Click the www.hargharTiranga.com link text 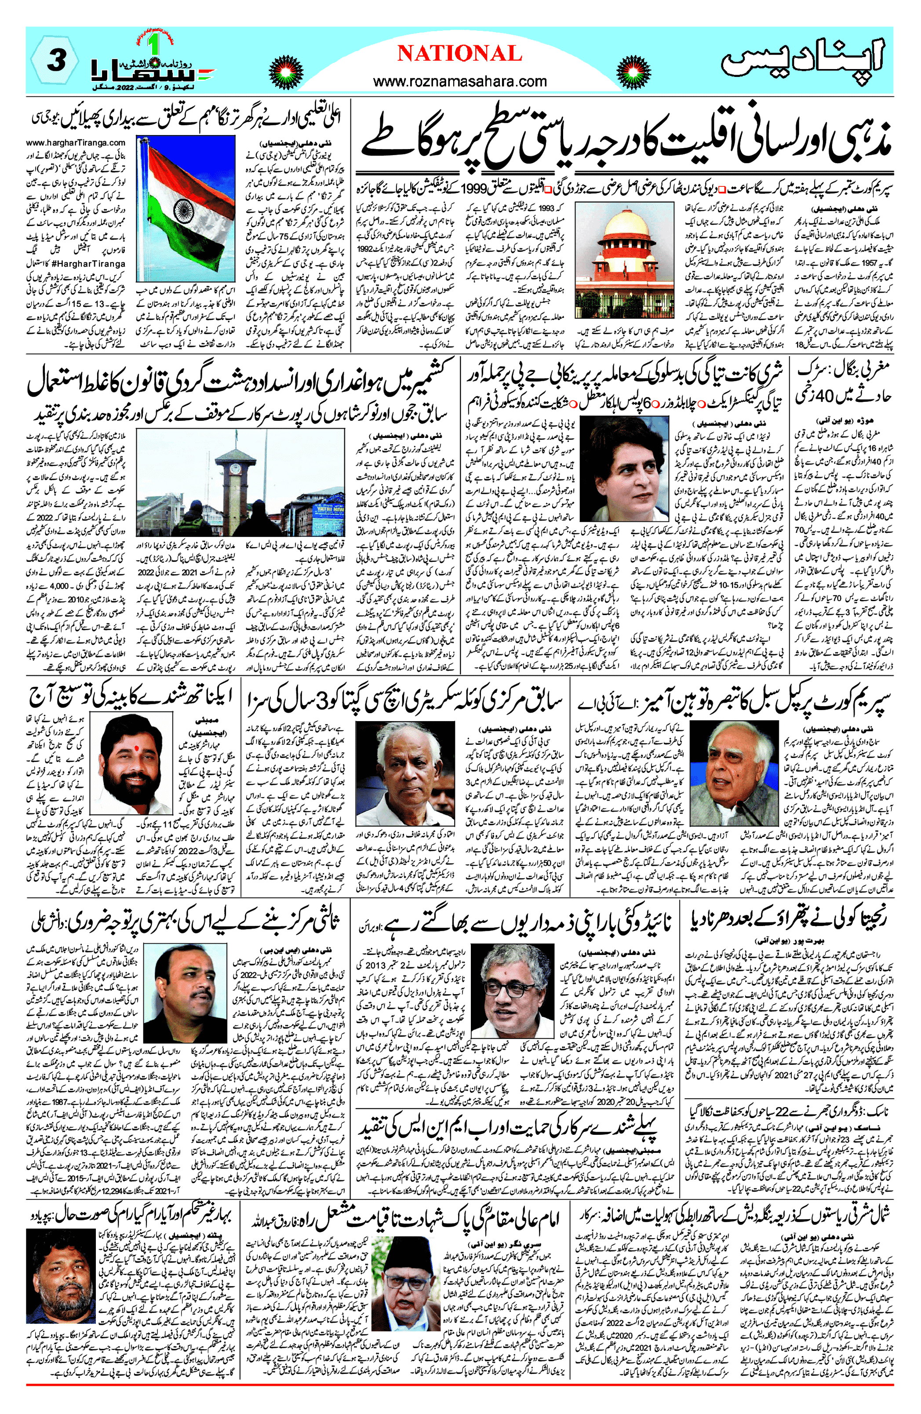coord(76,142)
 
